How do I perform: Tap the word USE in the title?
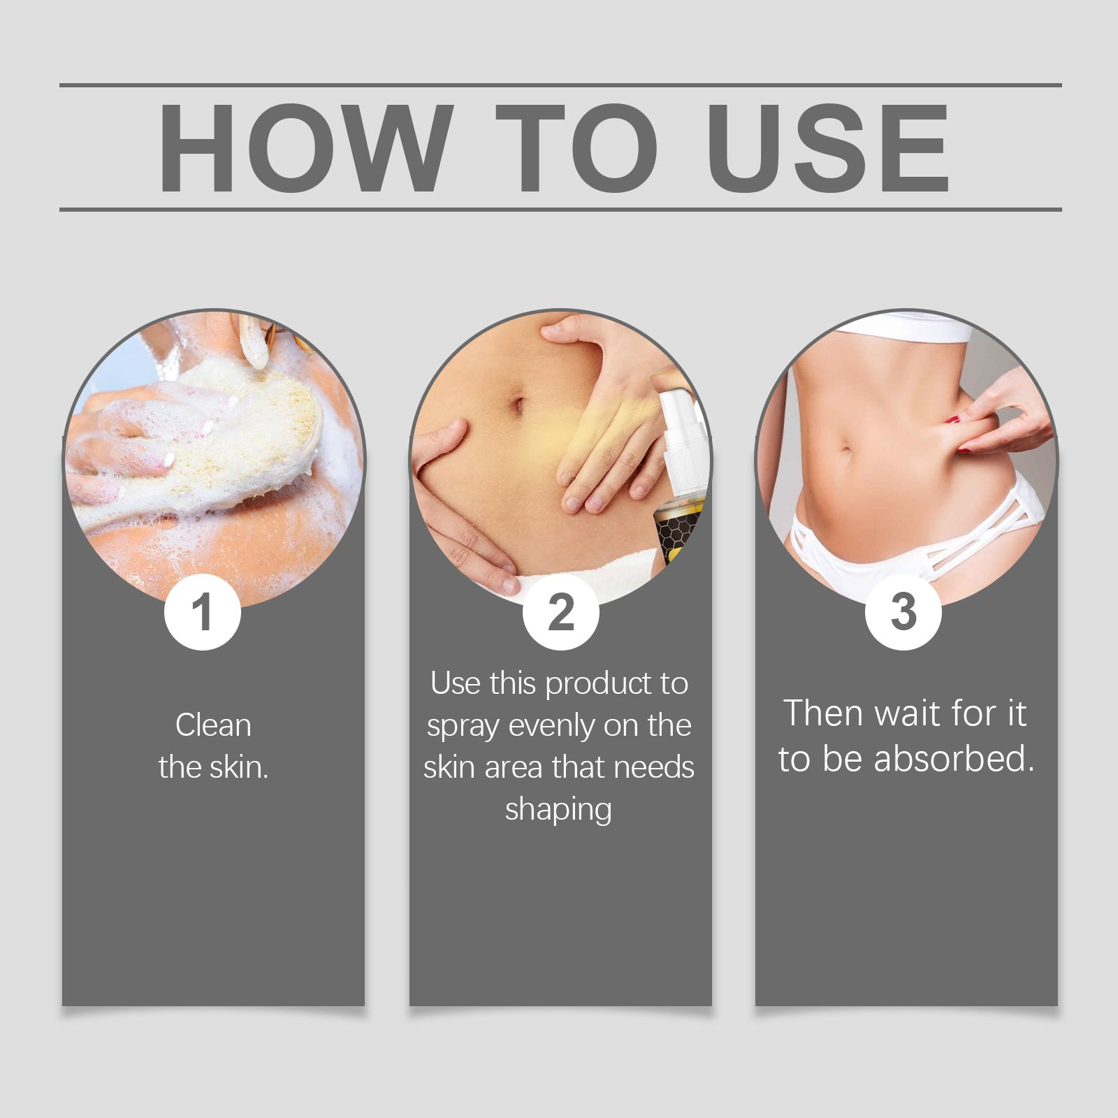click(x=832, y=148)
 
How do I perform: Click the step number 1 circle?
click(x=203, y=613)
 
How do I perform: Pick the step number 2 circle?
click(x=561, y=613)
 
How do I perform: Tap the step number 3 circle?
click(x=903, y=611)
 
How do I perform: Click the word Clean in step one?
click(x=213, y=725)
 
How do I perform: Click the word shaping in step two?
click(x=558, y=811)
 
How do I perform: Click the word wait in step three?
click(x=909, y=714)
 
